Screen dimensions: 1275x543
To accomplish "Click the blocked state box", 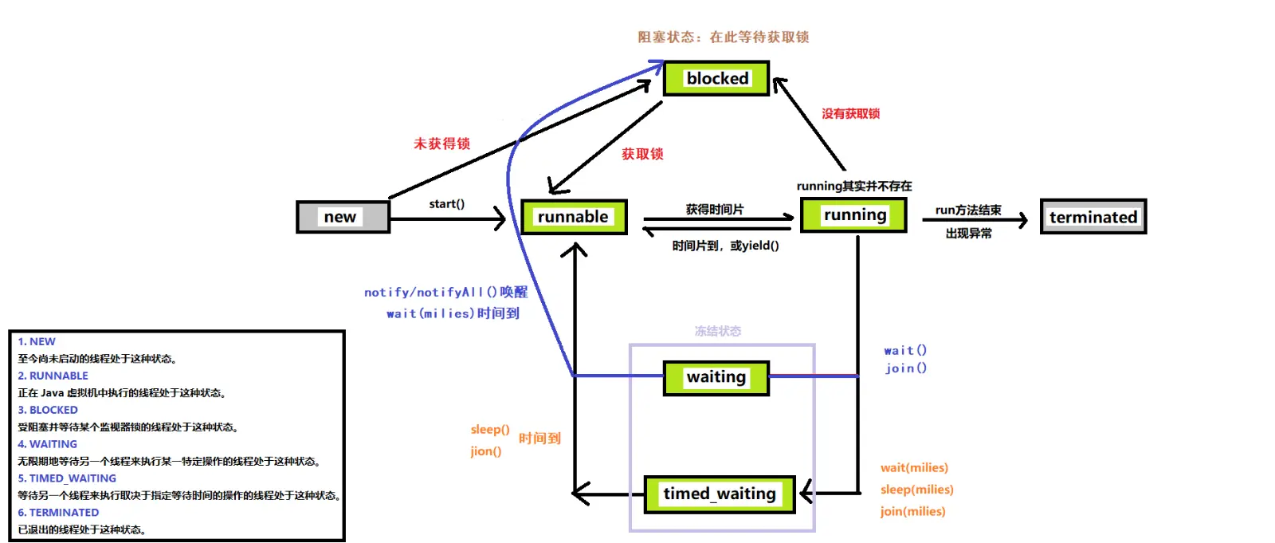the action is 716,78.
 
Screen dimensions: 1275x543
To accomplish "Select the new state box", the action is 343,217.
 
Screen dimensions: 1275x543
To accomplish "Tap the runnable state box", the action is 574,217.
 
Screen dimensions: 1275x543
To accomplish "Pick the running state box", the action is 853,214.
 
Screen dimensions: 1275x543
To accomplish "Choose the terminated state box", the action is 1093,217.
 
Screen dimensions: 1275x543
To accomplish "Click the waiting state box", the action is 716,378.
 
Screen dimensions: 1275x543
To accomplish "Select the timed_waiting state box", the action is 720,494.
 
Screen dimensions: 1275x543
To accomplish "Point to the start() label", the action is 447,204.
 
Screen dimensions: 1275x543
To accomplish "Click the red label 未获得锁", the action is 441,144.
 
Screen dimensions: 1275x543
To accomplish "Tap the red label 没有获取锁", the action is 851,114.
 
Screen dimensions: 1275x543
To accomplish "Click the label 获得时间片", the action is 715,210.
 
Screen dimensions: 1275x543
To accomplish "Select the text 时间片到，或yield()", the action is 726,246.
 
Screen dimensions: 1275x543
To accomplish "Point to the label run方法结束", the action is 968,211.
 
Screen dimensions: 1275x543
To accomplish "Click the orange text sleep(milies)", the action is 917,490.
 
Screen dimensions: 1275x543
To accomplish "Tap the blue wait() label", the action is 905,350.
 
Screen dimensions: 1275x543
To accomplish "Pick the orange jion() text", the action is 486,451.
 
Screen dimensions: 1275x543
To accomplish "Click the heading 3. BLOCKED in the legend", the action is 48,411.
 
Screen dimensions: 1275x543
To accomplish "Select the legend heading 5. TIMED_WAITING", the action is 67,478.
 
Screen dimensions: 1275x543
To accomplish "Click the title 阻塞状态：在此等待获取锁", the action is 724,37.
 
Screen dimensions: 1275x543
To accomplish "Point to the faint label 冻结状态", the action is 718,331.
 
